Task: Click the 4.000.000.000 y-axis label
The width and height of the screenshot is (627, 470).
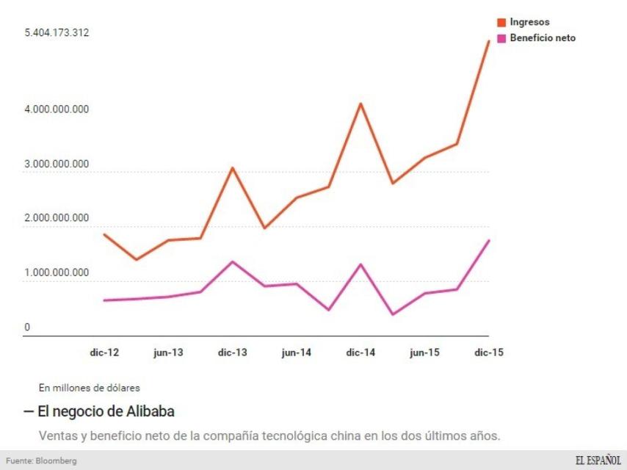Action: [x=57, y=109]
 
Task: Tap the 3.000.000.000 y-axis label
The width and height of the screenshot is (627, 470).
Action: [x=57, y=164]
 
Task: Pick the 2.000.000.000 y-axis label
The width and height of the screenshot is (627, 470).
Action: [x=57, y=218]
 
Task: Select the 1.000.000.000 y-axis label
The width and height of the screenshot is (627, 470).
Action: [x=57, y=272]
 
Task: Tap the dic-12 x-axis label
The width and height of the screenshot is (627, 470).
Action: [x=104, y=352]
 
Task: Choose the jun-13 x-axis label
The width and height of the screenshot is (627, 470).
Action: [x=168, y=352]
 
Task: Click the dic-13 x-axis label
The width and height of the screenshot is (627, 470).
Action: [x=232, y=352]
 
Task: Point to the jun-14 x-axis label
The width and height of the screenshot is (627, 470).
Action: [x=296, y=352]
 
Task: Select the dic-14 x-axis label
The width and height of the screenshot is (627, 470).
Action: [x=360, y=352]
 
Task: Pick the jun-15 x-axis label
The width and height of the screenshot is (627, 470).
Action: [x=424, y=352]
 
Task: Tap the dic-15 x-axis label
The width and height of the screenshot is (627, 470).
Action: [x=488, y=352]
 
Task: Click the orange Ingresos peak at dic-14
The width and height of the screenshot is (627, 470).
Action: [x=360, y=104]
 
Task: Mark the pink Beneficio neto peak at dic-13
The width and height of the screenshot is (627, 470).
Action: [x=232, y=261]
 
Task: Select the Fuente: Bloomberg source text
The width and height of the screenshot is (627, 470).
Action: [x=41, y=460]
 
